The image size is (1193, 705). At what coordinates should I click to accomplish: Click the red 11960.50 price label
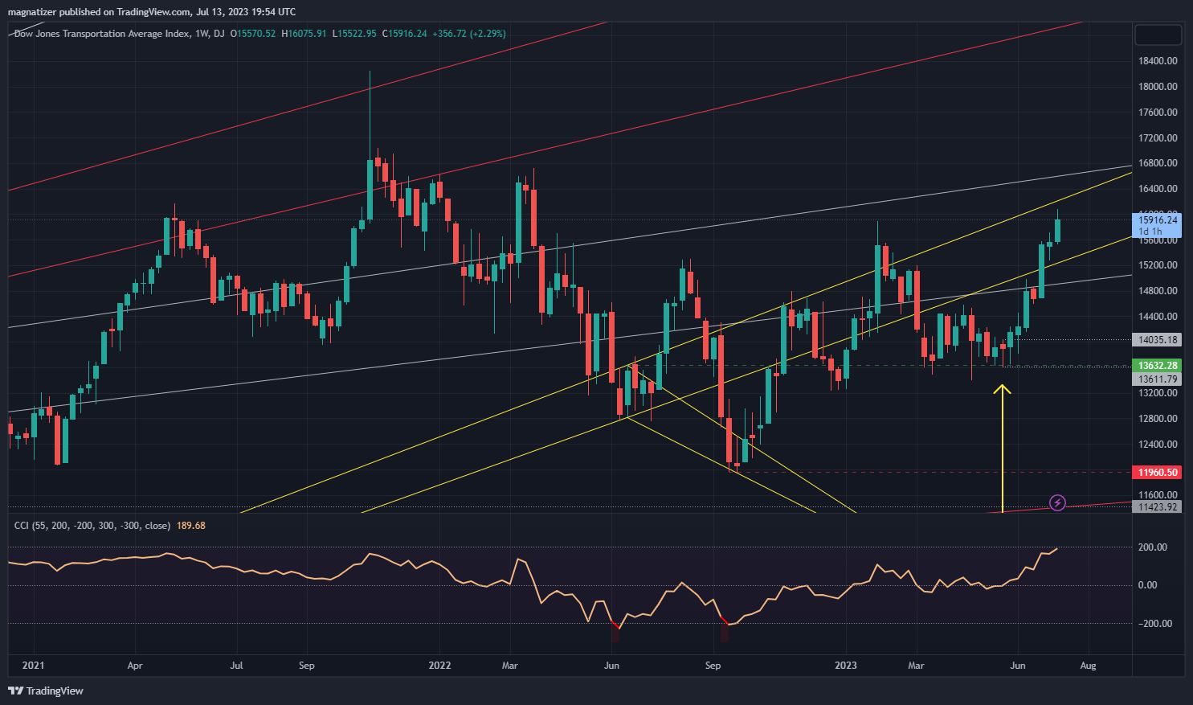click(1157, 473)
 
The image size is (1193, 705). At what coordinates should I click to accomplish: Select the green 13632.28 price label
click(1157, 366)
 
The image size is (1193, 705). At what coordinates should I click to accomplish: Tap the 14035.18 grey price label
click(1157, 340)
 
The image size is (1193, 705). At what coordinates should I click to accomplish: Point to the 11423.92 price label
click(1157, 507)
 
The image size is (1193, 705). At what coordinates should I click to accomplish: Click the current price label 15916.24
click(1158, 219)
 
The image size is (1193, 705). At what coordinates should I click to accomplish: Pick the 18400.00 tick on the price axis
click(1158, 61)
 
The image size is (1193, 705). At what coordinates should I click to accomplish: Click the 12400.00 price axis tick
click(1158, 445)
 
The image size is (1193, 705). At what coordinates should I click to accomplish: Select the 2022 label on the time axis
click(439, 666)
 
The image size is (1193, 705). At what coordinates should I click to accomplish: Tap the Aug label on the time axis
click(1088, 666)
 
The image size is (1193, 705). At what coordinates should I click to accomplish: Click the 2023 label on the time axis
click(846, 666)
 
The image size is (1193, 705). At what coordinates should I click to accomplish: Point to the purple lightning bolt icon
click(1058, 503)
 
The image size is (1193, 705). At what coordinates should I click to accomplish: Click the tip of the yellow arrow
click(1002, 387)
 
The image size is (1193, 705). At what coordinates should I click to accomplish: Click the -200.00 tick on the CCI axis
click(1154, 624)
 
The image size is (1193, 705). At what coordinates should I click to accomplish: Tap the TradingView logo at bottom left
click(46, 691)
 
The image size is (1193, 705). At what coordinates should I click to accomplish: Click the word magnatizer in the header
click(33, 12)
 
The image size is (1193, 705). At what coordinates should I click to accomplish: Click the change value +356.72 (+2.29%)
click(468, 34)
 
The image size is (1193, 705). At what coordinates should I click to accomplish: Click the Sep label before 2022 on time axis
click(306, 666)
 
